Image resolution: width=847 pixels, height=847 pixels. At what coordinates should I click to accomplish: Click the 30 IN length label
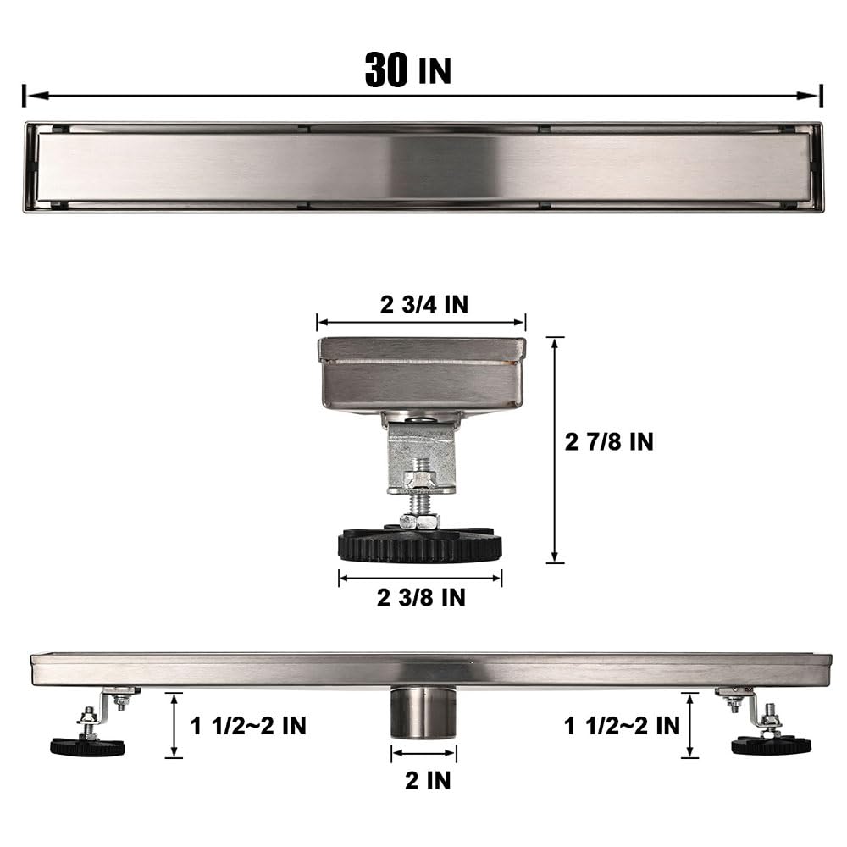click(x=407, y=69)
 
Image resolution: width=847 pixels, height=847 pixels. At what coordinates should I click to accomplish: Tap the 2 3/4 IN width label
click(x=423, y=305)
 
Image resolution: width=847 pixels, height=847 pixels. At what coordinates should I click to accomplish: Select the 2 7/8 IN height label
click(x=609, y=441)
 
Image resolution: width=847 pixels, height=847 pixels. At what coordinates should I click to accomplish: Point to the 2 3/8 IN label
click(x=421, y=597)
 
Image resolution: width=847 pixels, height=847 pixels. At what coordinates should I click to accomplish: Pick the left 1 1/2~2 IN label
click(x=248, y=725)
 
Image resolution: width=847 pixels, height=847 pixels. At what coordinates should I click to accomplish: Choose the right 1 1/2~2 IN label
click(x=623, y=725)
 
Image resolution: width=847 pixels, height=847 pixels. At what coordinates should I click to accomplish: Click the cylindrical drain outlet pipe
click(x=423, y=714)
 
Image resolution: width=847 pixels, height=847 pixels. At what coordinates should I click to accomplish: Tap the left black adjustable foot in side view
click(x=87, y=746)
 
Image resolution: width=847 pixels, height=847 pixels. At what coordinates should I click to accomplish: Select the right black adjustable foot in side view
click(x=771, y=745)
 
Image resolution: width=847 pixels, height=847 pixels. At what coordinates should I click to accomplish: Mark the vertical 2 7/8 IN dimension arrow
click(x=555, y=449)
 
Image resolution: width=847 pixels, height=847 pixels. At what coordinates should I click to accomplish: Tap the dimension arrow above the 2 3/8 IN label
click(x=420, y=579)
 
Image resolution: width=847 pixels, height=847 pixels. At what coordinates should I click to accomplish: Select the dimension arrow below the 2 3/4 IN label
click(x=421, y=322)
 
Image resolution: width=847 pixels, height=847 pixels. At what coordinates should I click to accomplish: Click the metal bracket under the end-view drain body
click(x=421, y=457)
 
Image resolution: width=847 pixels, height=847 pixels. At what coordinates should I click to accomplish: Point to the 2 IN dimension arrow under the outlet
click(x=423, y=754)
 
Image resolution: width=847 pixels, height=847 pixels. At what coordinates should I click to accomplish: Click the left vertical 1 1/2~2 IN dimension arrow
click(x=174, y=724)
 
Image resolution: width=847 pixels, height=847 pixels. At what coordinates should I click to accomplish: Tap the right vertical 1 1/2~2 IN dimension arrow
click(x=690, y=724)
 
